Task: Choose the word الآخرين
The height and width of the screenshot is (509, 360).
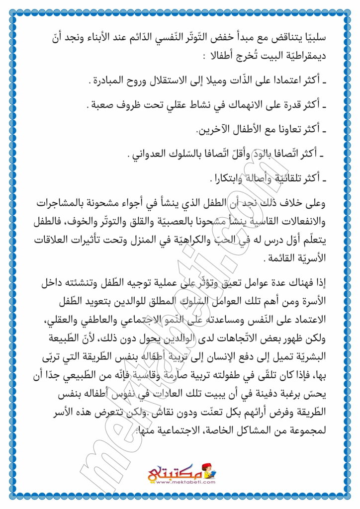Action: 216,129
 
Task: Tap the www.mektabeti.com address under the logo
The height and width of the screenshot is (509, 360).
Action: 180,483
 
